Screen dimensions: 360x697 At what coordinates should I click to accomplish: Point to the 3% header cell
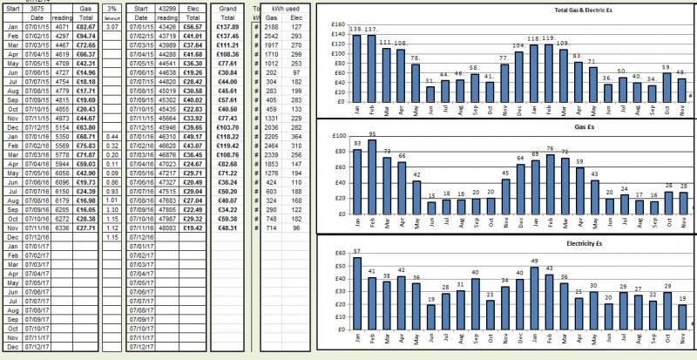point(111,7)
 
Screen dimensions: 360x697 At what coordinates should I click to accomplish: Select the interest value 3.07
point(111,28)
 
